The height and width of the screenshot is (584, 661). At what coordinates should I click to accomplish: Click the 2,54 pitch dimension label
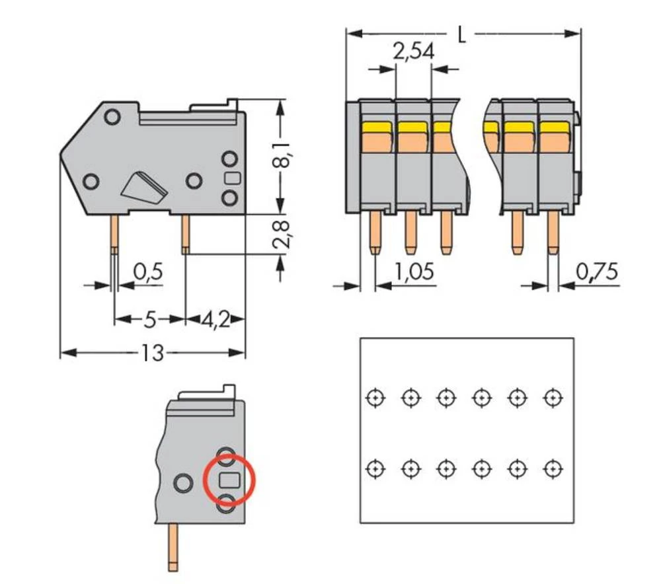pos(413,51)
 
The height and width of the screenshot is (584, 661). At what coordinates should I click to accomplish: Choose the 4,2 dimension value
pos(215,320)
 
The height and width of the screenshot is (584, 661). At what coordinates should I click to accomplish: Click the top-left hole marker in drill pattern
pos(375,398)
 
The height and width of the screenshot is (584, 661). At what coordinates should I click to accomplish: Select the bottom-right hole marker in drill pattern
pos(551,468)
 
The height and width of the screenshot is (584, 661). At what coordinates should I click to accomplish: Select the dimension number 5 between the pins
pos(150,320)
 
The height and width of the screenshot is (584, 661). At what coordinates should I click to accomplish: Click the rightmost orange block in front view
pos(554,141)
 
